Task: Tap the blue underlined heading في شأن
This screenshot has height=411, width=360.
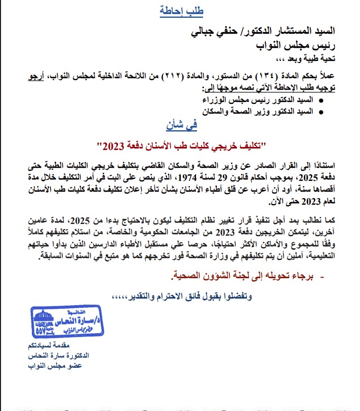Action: point(181,124)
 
